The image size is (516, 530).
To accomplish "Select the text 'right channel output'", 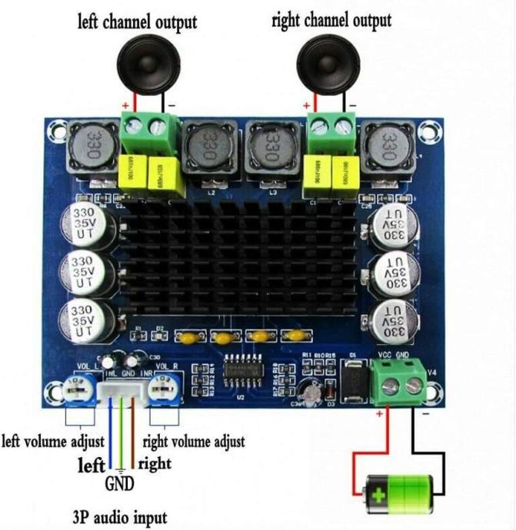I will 331,19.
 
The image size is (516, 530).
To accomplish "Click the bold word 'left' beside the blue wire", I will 92,464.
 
